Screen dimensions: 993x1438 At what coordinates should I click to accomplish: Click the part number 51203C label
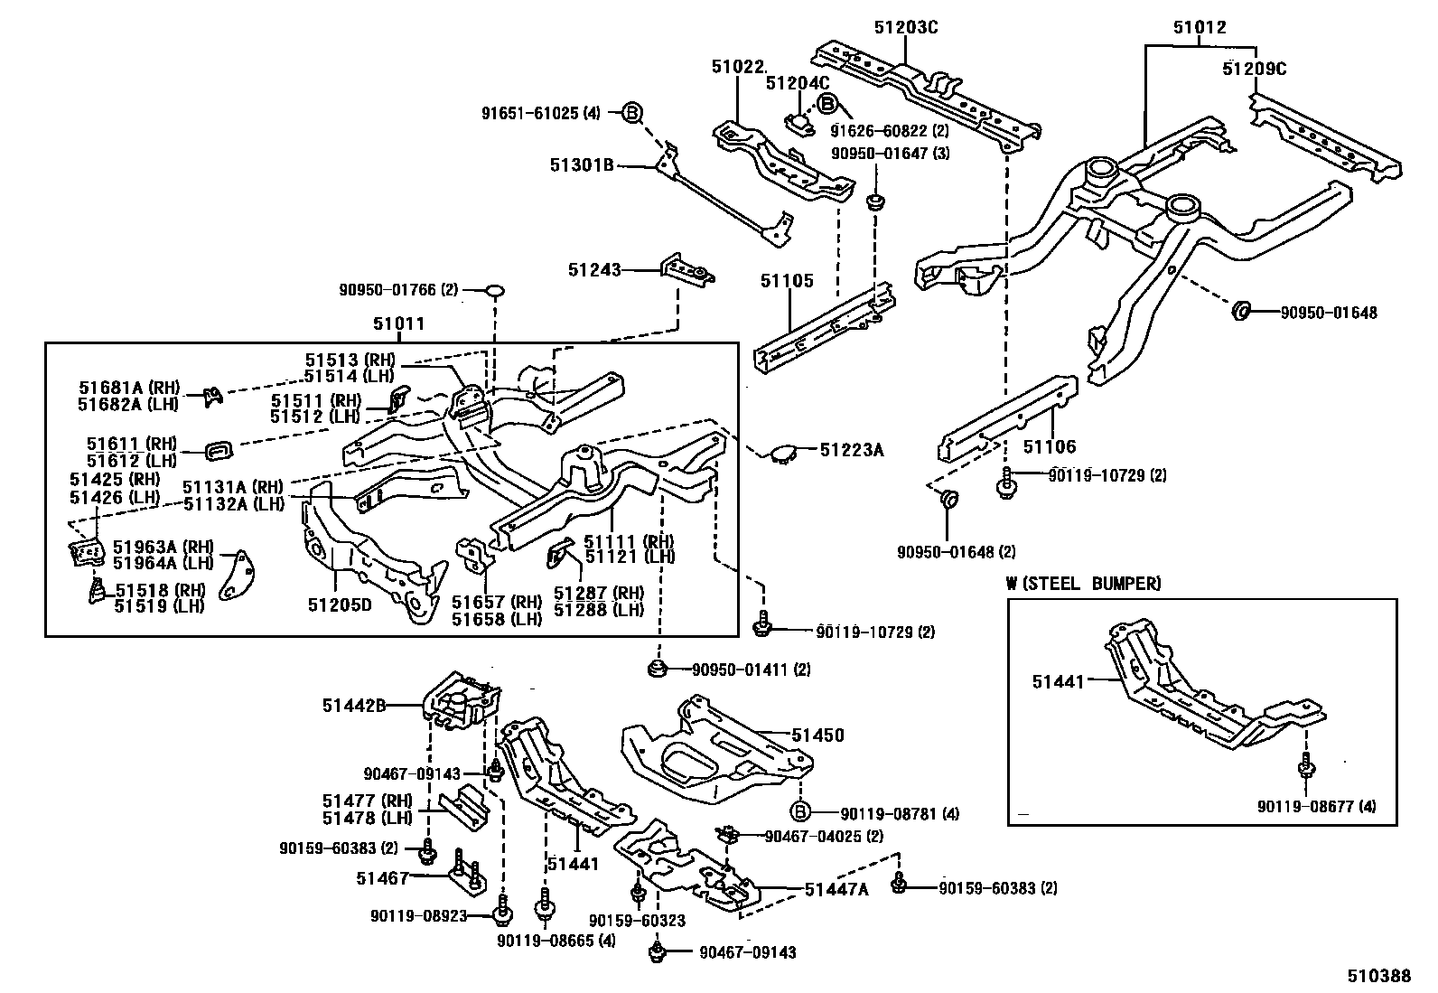[905, 28]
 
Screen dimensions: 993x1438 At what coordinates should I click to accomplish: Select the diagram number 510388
[1379, 976]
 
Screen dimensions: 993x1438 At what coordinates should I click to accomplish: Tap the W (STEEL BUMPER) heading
[1083, 584]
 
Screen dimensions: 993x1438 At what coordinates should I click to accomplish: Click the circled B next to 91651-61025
[632, 113]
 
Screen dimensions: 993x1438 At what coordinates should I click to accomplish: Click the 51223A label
[851, 448]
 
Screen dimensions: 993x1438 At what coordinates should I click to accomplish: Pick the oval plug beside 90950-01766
[495, 290]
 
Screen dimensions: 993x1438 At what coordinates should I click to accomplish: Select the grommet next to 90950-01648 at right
[1241, 313]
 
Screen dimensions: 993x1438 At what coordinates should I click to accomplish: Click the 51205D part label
[339, 604]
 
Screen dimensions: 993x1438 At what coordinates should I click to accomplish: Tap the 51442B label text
[355, 705]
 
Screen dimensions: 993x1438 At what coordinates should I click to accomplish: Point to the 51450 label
[818, 735]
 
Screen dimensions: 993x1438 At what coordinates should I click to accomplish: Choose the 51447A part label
[836, 889]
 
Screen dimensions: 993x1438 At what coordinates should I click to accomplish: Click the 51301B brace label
[582, 165]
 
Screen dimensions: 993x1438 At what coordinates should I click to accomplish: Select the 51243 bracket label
[594, 269]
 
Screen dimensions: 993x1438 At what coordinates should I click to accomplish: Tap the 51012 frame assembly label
[1200, 28]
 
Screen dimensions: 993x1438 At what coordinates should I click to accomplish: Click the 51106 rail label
[1049, 446]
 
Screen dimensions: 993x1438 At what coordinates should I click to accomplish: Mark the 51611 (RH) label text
[132, 444]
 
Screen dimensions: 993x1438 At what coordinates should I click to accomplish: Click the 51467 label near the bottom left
[384, 877]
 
